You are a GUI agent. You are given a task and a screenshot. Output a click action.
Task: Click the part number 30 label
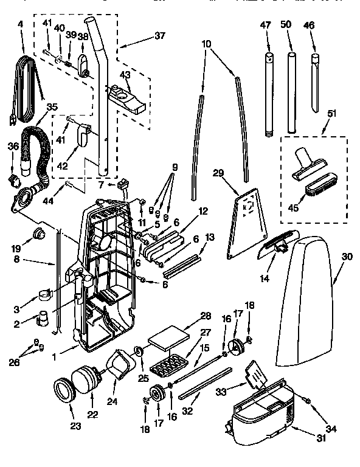coord(347,257)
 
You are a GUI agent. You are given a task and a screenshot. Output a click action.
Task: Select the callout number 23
coord(75,426)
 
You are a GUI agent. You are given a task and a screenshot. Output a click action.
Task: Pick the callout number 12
coord(203,211)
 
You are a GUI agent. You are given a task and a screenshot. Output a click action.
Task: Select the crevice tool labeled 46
coord(314,85)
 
